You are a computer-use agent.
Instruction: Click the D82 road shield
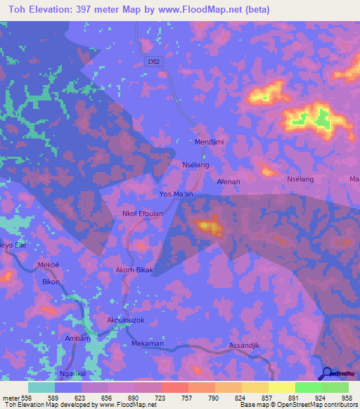[153, 62]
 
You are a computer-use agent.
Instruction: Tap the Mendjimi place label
[209, 141]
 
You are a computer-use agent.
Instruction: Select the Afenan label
[229, 181]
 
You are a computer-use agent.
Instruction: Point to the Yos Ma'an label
[176, 194]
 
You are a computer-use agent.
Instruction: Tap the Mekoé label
[47, 266]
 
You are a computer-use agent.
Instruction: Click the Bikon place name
[51, 282]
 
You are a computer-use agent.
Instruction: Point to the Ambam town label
[77, 338]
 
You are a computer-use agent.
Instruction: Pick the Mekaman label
[147, 344]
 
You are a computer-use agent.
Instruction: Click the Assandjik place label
[245, 346]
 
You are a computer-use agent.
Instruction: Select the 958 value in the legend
[347, 397]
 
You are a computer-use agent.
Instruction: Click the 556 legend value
[26, 397]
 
